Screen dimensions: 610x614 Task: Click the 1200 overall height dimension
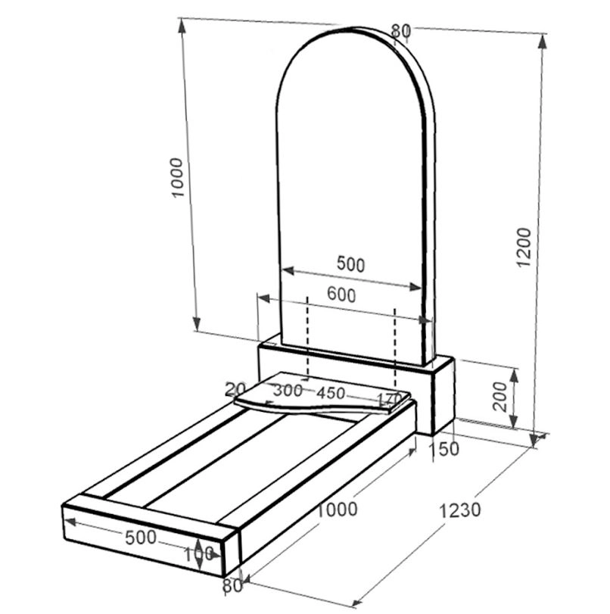click(x=524, y=247)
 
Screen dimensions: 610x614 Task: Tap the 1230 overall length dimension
click(x=459, y=510)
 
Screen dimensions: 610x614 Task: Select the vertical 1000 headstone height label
click(x=177, y=178)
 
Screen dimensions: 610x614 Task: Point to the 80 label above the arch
click(x=401, y=31)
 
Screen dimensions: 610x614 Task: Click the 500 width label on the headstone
click(x=351, y=264)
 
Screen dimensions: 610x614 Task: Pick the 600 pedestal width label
click(x=341, y=295)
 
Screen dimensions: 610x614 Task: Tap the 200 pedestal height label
click(x=500, y=396)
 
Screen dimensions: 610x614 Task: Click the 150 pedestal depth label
click(x=444, y=449)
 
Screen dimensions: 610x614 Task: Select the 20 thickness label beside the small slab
click(x=235, y=389)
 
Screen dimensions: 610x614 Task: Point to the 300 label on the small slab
click(x=288, y=391)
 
